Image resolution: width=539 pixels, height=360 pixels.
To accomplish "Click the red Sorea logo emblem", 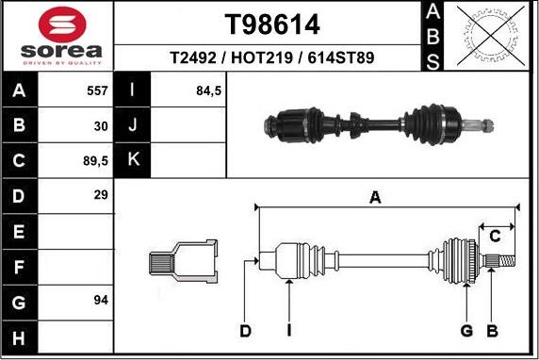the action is tap(62, 25).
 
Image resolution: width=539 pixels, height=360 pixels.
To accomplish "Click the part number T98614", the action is tap(272, 25).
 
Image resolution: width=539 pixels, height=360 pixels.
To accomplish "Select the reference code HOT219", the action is tap(262, 57).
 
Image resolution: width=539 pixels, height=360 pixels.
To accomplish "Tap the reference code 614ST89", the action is tap(341, 57).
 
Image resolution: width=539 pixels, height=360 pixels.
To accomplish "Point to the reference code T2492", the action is tap(193, 57).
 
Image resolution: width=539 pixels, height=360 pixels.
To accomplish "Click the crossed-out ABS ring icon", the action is tap(491, 36).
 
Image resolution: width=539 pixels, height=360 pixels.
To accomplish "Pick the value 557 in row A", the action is tap(97, 90).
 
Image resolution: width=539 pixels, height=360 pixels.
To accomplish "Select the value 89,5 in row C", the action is tap(95, 161).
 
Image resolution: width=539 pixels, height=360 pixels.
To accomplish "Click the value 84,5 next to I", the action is tap(208, 90).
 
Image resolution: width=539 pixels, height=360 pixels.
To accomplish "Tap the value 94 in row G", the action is tap(101, 301).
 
